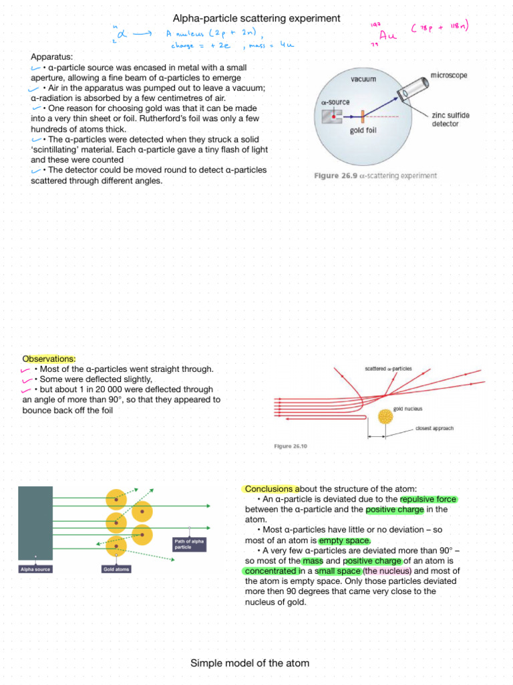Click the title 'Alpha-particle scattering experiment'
pyautogui.click(x=256, y=18)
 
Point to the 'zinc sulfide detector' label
pyautogui.click(x=451, y=120)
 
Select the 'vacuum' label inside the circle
pyautogui.click(x=363, y=78)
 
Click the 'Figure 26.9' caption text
pyautogui.click(x=375, y=176)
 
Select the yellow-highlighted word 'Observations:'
pyautogui.click(x=49, y=359)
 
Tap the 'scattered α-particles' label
pyautogui.click(x=388, y=369)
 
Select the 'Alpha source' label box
pyautogui.click(x=35, y=569)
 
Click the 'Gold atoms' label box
pyautogui.click(x=116, y=569)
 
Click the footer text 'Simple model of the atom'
pyautogui.click(x=250, y=663)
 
